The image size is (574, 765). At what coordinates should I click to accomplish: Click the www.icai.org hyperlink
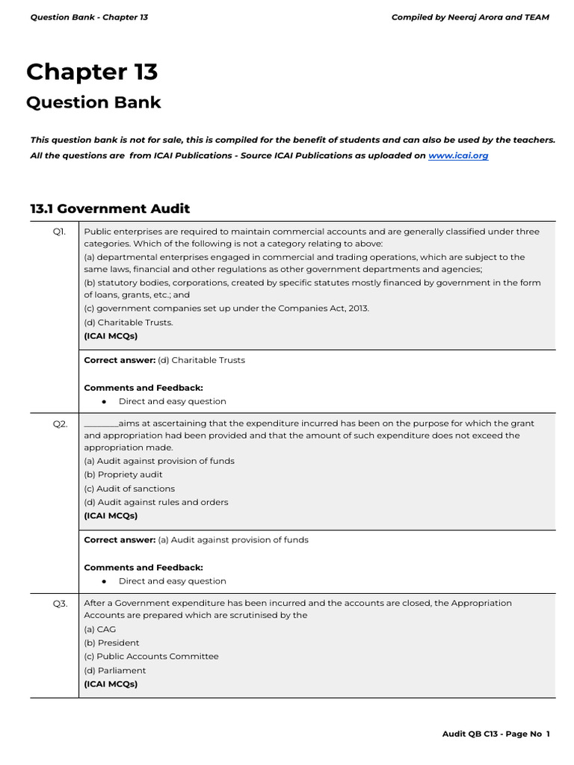(457, 155)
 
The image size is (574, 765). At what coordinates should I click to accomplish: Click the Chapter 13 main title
(92, 72)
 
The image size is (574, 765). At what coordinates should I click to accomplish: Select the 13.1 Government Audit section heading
(110, 208)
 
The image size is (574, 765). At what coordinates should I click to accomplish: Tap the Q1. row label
(59, 232)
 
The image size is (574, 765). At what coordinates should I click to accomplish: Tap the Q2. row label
(60, 424)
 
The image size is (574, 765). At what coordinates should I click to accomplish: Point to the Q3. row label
(60, 603)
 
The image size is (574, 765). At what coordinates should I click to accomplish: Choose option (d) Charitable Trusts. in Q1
(128, 323)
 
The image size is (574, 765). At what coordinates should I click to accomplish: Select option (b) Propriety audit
(123, 474)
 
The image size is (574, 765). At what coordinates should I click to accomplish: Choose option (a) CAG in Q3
(99, 629)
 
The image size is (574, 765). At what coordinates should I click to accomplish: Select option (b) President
(111, 642)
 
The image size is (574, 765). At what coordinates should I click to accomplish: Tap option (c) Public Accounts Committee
(151, 656)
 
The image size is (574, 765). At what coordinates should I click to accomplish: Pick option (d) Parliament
(114, 670)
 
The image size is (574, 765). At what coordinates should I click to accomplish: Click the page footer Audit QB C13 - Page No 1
(496, 734)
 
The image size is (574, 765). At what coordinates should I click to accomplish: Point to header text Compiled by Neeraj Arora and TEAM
(470, 17)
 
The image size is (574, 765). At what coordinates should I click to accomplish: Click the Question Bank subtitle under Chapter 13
(93, 102)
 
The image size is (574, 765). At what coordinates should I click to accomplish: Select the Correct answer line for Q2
(196, 539)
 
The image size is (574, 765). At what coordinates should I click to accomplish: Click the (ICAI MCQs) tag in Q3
(111, 684)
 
